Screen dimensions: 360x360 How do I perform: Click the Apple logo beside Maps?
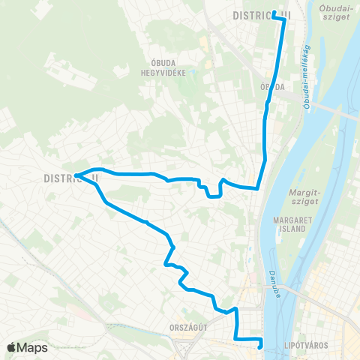click(x=11, y=348)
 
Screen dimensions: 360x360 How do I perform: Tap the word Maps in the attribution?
click(x=32, y=348)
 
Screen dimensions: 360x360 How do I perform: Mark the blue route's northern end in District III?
click(x=274, y=14)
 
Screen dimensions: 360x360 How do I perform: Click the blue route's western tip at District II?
click(x=76, y=176)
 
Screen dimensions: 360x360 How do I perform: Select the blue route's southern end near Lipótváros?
click(x=261, y=346)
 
